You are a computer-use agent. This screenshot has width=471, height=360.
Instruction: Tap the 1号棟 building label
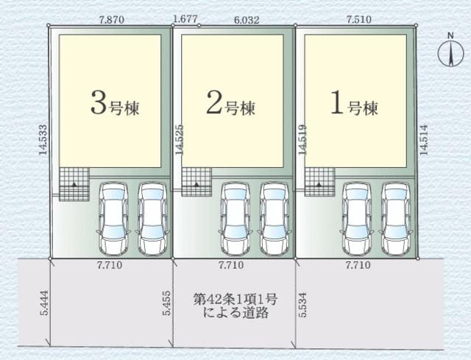(x=353, y=106)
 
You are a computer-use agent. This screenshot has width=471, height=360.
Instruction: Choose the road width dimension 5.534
(x=302, y=304)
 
